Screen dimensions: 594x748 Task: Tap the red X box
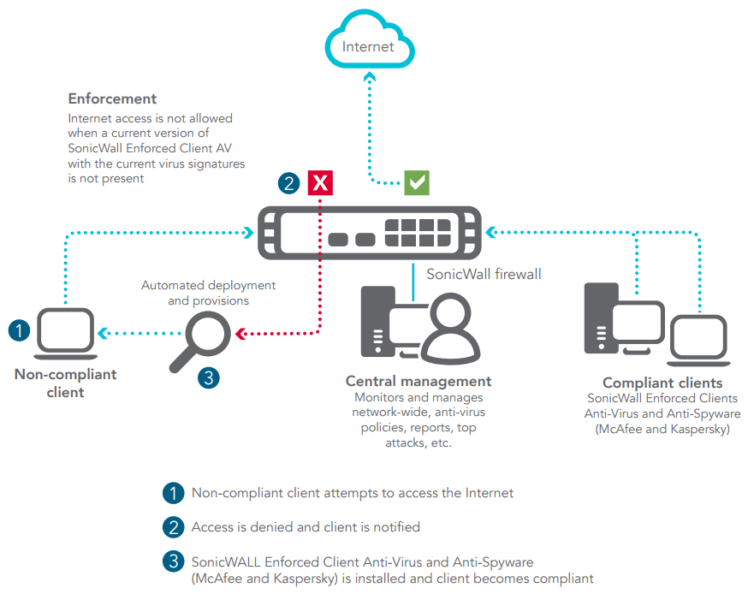pos(320,182)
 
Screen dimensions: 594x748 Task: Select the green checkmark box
pos(417,182)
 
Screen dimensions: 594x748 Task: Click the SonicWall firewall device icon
pos(369,232)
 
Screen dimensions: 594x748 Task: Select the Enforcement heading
pos(112,99)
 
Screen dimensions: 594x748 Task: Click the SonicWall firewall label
pos(484,274)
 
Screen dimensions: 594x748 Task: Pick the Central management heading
pos(419,381)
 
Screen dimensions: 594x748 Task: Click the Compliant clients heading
pos(662,383)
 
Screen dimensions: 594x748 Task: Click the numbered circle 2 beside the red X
pos(289,182)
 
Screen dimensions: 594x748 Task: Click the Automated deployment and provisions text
pos(208,293)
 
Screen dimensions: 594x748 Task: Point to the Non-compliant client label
pos(65,383)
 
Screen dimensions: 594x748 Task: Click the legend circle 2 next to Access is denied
pos(173,527)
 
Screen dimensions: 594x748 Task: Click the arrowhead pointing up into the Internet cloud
pos(369,77)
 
